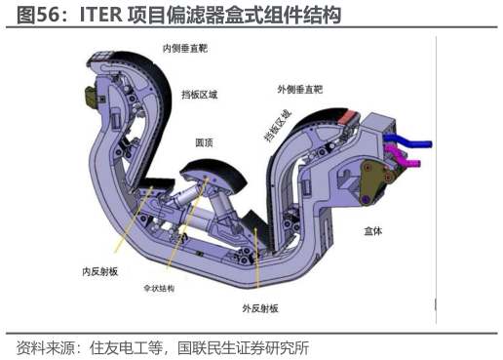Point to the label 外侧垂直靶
[x=298, y=88]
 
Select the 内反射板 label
[x=100, y=270]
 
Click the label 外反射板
[x=260, y=308]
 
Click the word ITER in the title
[x=100, y=16]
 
